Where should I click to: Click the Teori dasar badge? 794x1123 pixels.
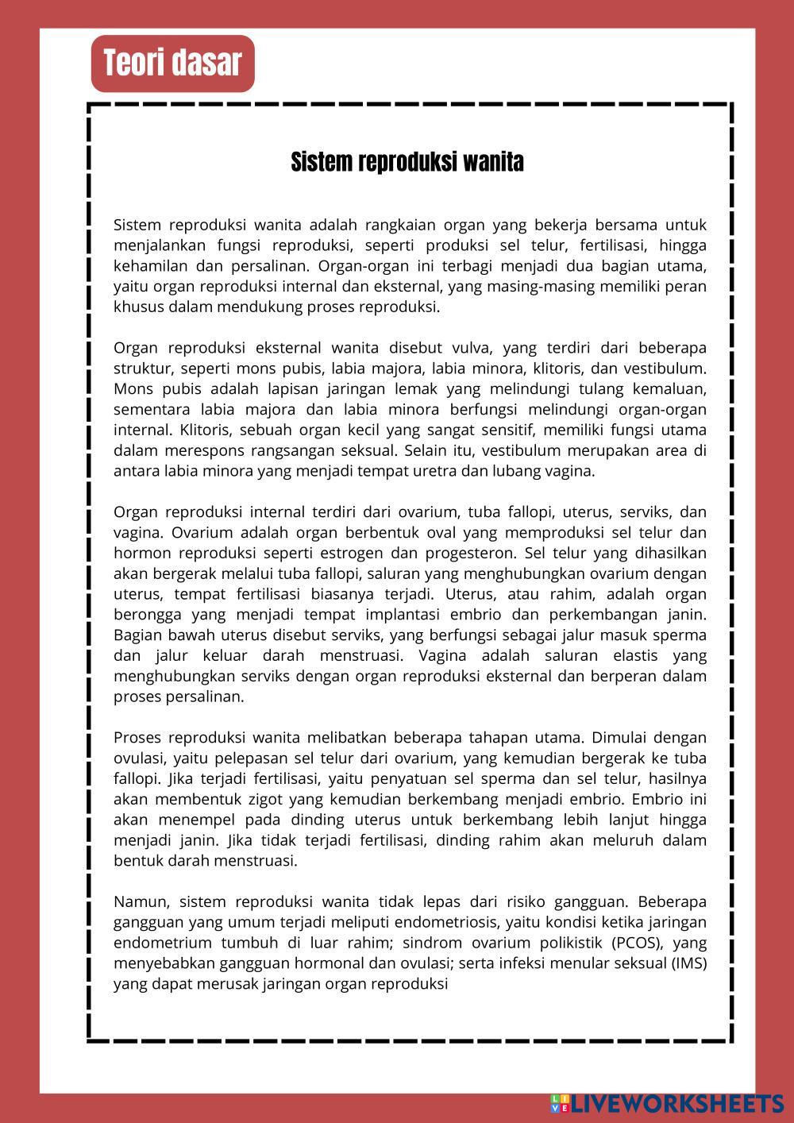tap(172, 64)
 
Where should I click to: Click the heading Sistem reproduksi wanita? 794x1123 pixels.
tap(407, 162)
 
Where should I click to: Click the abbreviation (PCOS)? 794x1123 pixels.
tap(638, 944)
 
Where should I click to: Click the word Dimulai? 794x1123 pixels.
tap(621, 737)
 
